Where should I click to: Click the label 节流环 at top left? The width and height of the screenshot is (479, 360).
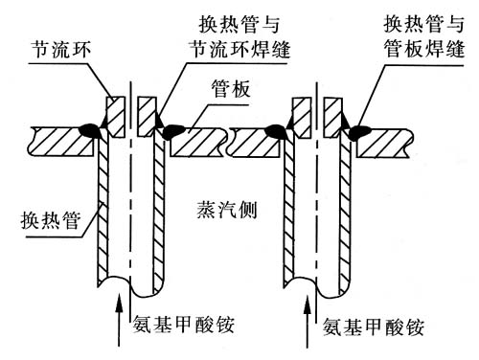pyautogui.click(x=60, y=50)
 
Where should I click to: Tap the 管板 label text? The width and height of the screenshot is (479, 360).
pyautogui.click(x=231, y=88)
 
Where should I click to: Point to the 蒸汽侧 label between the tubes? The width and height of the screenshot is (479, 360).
pyautogui.click(x=227, y=210)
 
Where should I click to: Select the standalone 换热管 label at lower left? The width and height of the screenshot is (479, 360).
pyautogui.click(x=51, y=220)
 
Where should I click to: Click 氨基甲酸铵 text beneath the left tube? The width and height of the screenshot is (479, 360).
pyautogui.click(x=184, y=325)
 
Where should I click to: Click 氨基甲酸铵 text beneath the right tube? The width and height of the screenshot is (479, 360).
pyautogui.click(x=373, y=326)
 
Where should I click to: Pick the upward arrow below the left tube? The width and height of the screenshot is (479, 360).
pyautogui.click(x=119, y=320)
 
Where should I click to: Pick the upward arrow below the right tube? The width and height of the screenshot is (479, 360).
pyautogui.click(x=308, y=322)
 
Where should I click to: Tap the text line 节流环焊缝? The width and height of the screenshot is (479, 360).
pyautogui.click(x=239, y=49)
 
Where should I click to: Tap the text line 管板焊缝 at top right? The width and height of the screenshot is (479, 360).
pyautogui.click(x=424, y=49)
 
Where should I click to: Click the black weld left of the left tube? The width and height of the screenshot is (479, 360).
pyautogui.click(x=90, y=130)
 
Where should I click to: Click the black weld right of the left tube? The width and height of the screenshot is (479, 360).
pyautogui.click(x=172, y=131)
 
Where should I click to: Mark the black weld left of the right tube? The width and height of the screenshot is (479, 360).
pyautogui.click(x=277, y=131)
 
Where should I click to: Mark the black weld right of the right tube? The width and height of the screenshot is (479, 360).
pyautogui.click(x=359, y=131)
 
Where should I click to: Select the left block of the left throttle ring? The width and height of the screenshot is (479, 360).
pyautogui.click(x=115, y=117)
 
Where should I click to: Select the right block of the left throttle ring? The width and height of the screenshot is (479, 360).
pyautogui.click(x=147, y=117)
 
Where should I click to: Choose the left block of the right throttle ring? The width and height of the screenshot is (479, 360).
pyautogui.click(x=302, y=118)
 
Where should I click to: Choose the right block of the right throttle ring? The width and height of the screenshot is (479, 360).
pyautogui.click(x=332, y=118)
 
